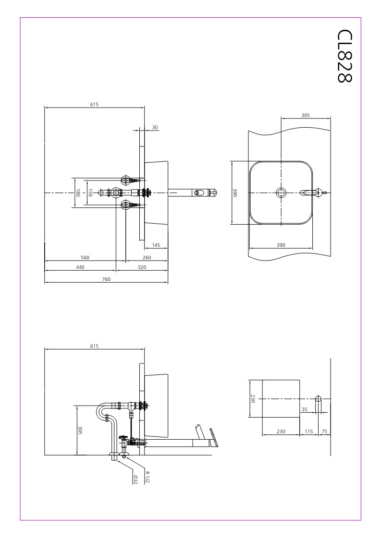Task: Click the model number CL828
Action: point(345,56)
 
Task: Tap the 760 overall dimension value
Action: point(106,279)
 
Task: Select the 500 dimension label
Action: point(85,257)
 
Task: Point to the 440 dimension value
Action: point(80,267)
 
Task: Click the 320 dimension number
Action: point(142,267)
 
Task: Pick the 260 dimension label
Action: point(147,257)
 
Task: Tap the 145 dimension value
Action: point(156,245)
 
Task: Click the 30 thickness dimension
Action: point(155,127)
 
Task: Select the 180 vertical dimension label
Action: point(78,193)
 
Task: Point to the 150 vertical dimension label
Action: point(90,193)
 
